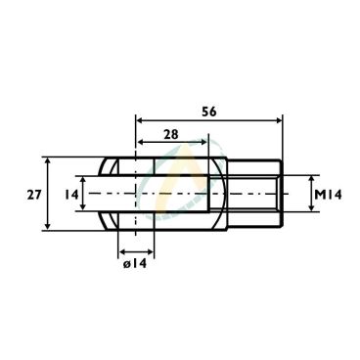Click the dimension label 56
click(209, 112)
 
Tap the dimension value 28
click(171, 134)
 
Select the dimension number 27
click(34, 195)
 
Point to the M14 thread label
click(328, 195)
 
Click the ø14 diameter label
click(135, 264)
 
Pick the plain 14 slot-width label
click(71, 195)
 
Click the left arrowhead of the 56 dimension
click(140, 120)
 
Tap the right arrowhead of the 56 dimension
click(278, 120)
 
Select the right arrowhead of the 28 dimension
click(203, 142)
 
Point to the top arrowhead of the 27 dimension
click(48, 161)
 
